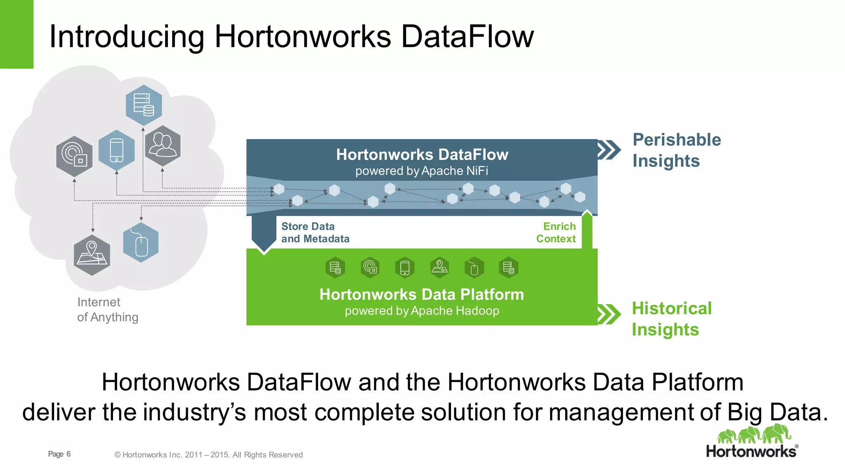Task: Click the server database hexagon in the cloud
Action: tap(144, 105)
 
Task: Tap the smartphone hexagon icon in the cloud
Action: tap(117, 150)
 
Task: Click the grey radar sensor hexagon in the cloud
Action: tap(74, 156)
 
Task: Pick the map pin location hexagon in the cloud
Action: tap(92, 255)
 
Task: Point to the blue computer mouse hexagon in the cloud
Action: tap(141, 243)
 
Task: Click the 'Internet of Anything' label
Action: tap(107, 309)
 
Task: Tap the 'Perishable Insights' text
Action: tap(677, 150)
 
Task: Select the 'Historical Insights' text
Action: tap(672, 319)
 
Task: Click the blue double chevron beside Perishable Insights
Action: tap(609, 150)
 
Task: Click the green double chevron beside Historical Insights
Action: tap(609, 314)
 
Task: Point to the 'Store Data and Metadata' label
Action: tap(315, 233)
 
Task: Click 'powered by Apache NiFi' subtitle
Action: tap(422, 171)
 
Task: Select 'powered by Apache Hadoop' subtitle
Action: tap(422, 311)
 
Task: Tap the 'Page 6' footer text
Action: tap(59, 454)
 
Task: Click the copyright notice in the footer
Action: tap(208, 455)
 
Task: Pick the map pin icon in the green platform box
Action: tap(439, 268)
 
